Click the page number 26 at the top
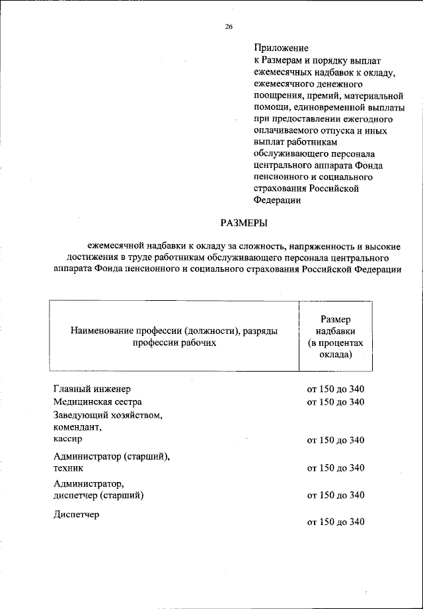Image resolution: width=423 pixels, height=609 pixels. click(229, 26)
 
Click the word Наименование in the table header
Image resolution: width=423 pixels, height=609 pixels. click(101, 331)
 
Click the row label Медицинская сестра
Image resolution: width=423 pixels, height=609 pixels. click(97, 402)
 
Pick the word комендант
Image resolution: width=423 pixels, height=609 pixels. click(79, 427)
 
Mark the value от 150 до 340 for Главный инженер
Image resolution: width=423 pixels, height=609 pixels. click(336, 389)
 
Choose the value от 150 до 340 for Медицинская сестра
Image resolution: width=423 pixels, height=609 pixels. click(336, 402)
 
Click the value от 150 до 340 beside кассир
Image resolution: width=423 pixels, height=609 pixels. click(336, 440)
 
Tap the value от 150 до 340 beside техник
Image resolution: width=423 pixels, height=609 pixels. click(336, 468)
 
